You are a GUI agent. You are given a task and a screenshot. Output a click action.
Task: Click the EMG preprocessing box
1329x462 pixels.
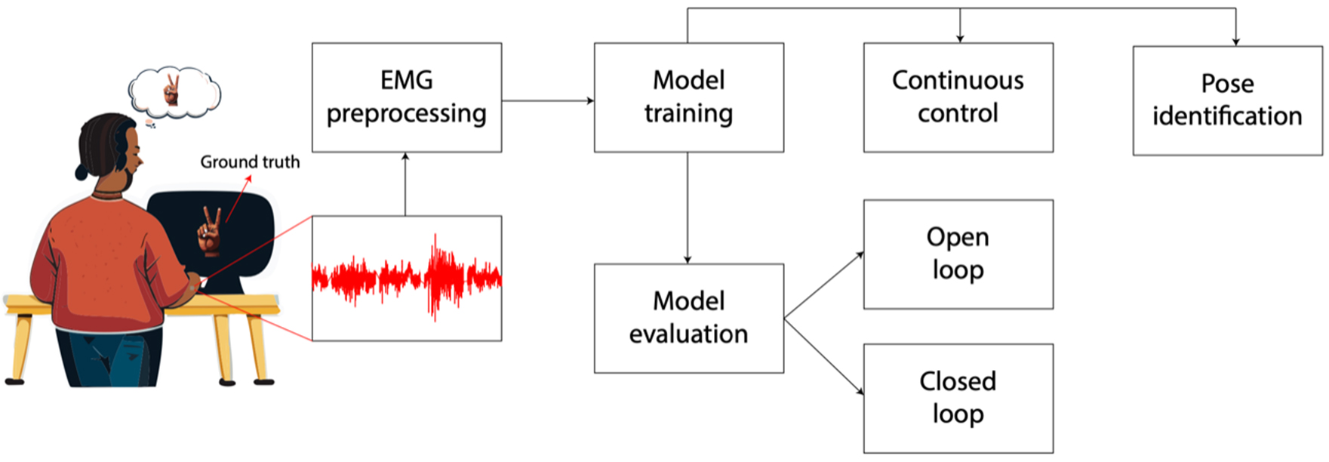406,97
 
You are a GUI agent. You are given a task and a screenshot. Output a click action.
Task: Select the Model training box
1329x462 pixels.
688,97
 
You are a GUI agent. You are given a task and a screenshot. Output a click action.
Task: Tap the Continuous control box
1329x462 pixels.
958,97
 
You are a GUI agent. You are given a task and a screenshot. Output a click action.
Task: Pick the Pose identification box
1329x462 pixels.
1227,100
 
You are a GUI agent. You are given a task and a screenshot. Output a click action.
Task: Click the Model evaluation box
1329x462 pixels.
688,318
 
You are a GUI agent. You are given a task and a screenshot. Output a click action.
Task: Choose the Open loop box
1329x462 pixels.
958,254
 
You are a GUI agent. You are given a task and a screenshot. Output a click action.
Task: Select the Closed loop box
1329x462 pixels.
958,398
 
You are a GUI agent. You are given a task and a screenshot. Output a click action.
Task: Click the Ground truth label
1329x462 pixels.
250,162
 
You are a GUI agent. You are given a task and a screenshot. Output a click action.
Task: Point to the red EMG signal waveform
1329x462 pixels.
407,278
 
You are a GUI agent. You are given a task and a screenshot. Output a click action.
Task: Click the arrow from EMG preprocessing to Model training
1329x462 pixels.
547,100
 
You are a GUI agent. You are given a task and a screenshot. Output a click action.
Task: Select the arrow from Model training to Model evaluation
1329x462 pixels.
688,208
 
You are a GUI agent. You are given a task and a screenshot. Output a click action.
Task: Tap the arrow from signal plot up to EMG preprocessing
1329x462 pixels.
405,184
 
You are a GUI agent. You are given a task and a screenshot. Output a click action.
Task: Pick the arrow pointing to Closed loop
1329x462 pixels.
824,356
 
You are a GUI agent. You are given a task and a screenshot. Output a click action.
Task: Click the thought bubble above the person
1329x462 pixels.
174,92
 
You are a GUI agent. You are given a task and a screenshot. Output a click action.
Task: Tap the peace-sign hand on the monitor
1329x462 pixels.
210,230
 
